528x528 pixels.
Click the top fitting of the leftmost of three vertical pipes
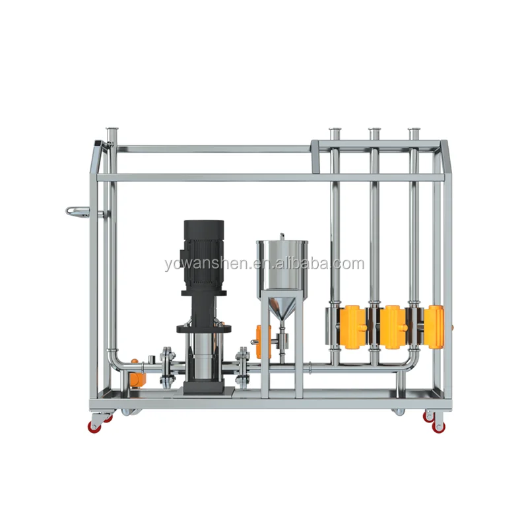coord(335,131)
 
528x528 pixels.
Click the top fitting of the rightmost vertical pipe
coord(415,131)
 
